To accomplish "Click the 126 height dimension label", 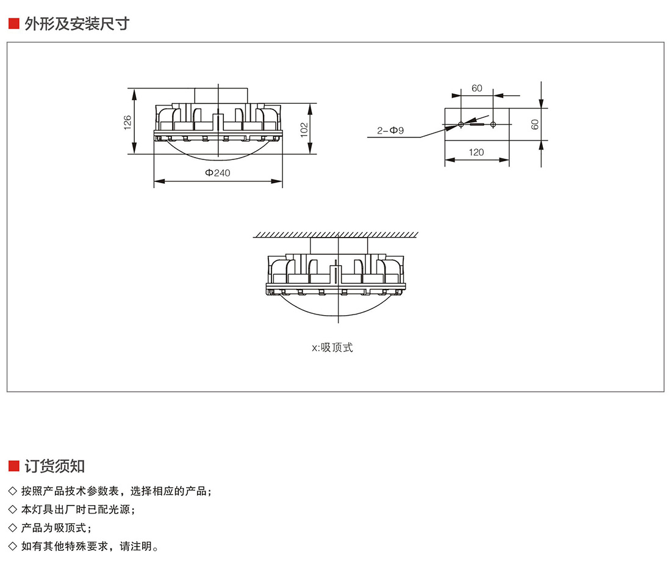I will [x=127, y=122].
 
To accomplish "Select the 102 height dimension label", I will [x=304, y=129].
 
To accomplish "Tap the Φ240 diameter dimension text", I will [x=218, y=173].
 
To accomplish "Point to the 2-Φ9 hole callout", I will [x=390, y=130].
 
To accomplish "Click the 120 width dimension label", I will [x=476, y=152].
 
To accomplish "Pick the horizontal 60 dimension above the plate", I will [x=476, y=88].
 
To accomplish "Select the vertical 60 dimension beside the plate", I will [x=535, y=124].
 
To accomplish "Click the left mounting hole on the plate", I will [x=461, y=125].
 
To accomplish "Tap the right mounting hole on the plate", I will [x=493, y=125].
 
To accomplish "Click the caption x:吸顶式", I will [x=332, y=347].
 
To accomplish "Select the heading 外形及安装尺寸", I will [x=77, y=24].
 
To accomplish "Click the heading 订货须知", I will [x=55, y=467].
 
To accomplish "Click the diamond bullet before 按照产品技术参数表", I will [x=13, y=491].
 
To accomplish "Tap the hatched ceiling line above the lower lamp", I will [x=336, y=235].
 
